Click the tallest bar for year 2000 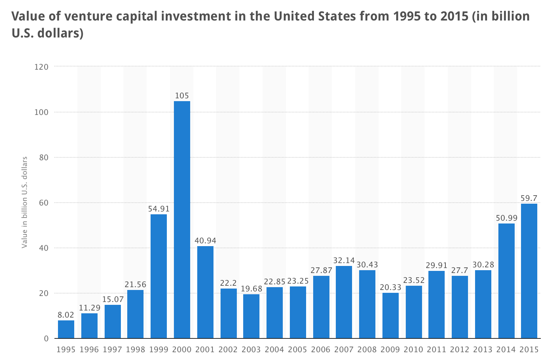coord(182,219)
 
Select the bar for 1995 coord(66,329)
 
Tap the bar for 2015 coord(529,271)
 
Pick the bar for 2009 coord(390,315)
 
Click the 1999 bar coord(159,276)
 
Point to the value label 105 coord(182,95)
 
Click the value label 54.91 coord(159,209)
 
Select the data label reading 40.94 coord(205,240)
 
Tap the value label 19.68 coord(252,289)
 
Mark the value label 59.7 coord(529,198)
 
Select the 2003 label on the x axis coord(251,350)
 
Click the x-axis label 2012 coord(460,350)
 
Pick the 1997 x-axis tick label coord(112,350)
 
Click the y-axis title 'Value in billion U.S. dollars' coord(24,202)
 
